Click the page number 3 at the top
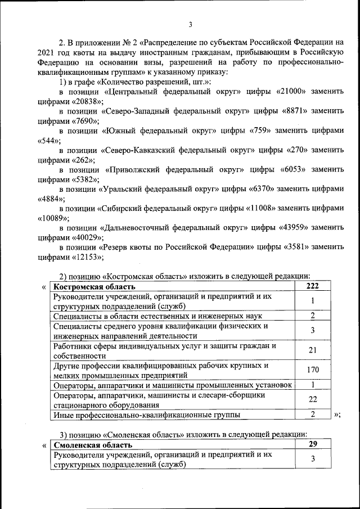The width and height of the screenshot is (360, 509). click(191, 24)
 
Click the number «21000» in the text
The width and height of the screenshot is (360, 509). click(292, 92)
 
